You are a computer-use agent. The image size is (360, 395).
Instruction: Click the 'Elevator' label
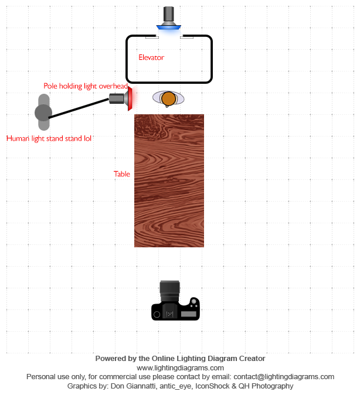(151, 57)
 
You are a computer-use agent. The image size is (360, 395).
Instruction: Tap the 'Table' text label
(122, 174)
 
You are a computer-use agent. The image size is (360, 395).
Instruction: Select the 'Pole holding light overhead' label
(85, 86)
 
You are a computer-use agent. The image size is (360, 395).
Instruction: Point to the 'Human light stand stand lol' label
(49, 139)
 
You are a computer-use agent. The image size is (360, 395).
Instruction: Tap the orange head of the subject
(168, 98)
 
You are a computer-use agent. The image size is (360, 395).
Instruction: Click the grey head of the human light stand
(43, 112)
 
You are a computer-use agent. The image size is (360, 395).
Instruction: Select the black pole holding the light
(79, 108)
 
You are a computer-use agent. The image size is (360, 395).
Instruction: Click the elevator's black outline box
(211, 59)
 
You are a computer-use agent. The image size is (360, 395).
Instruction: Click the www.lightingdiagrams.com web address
(180, 367)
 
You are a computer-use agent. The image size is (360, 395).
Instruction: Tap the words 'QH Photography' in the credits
(272, 386)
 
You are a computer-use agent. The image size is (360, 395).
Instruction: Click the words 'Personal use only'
(55, 377)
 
